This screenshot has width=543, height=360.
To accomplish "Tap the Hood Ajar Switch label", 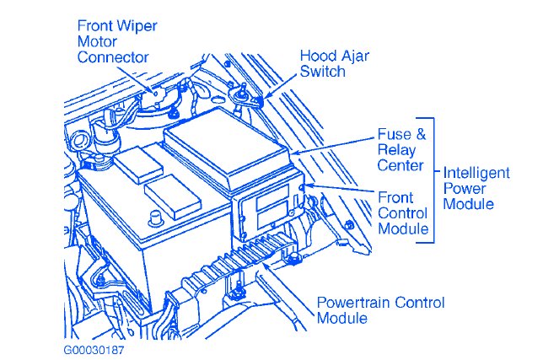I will coord(333,63).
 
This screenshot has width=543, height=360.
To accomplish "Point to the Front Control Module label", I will coord(402,213).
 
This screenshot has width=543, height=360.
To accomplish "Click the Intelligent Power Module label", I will coord(476,188).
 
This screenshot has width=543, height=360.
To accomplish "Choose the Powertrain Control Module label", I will coord(379,309).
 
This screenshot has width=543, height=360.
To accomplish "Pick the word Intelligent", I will coord(476,173).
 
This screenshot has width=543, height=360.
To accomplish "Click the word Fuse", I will coord(393,134).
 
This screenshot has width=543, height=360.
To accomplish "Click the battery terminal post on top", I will coord(155,218).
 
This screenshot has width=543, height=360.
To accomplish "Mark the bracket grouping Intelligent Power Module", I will coord(433,180).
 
